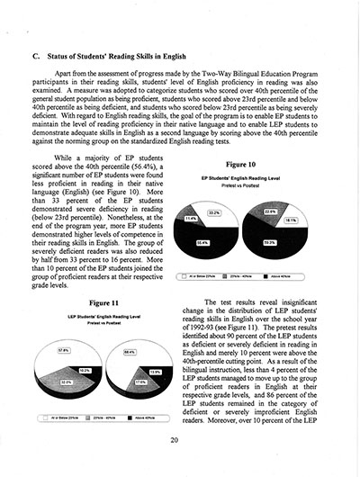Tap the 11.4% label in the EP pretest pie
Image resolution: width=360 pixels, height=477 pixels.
[x=191, y=219]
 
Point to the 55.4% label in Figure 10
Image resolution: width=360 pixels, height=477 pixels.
[x=203, y=241]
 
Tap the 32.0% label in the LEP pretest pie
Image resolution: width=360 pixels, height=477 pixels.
[x=66, y=381]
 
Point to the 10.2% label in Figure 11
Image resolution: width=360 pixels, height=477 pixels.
[x=85, y=369]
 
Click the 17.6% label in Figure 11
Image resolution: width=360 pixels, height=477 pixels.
[x=140, y=381]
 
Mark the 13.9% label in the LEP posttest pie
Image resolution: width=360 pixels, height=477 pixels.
[x=155, y=371]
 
